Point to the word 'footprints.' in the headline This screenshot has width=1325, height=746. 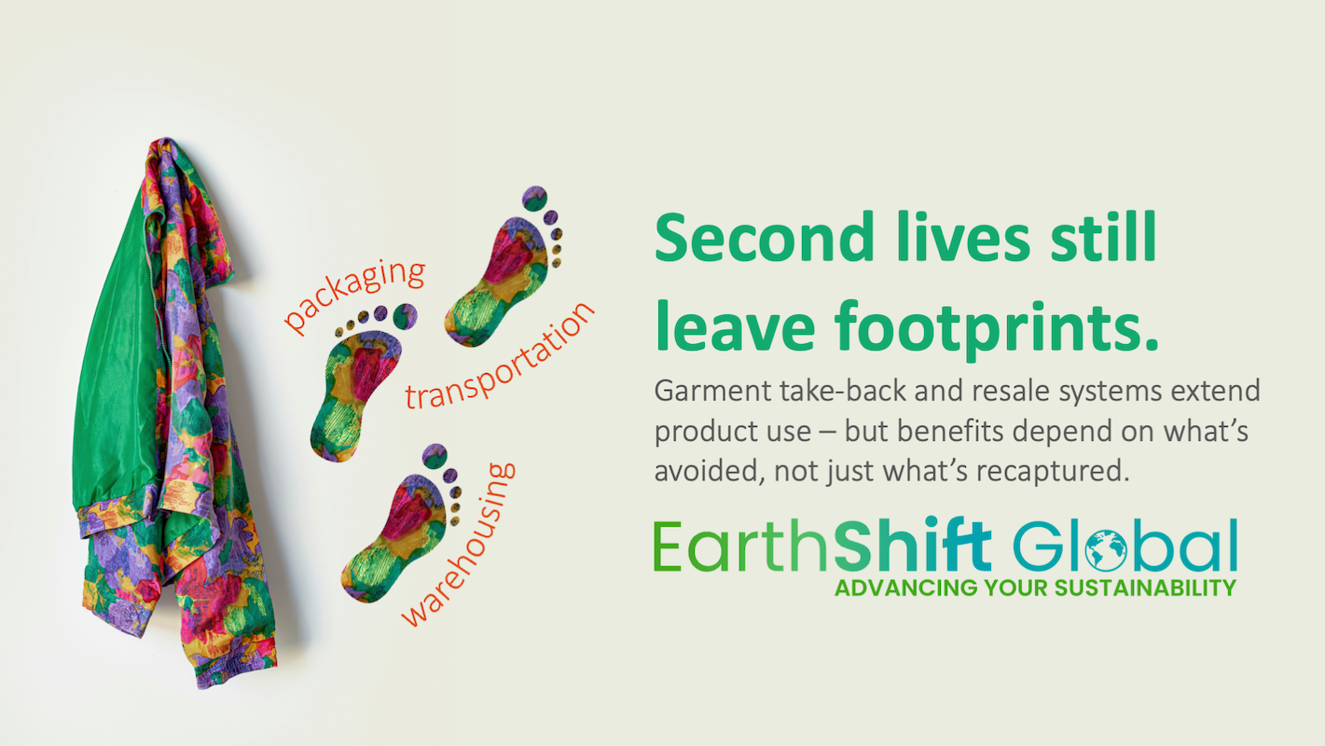pos(996,328)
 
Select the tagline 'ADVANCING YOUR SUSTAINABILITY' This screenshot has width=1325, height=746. pos(1035,588)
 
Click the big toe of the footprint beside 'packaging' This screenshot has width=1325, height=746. pos(406,316)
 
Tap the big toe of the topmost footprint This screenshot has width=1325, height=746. pos(534,199)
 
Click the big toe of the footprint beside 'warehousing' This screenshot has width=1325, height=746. pos(435,456)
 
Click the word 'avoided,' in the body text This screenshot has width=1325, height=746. pos(709,472)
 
